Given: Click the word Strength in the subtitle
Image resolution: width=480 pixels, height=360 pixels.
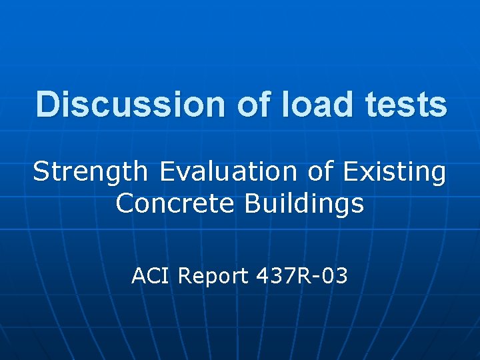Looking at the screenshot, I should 91,172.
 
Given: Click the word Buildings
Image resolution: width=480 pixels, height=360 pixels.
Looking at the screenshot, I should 304,203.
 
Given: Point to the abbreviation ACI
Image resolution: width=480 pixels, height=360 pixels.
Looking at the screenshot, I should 151,275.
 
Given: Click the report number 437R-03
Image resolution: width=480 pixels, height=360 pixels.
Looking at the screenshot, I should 302,275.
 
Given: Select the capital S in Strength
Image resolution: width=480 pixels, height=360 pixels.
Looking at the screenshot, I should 41,172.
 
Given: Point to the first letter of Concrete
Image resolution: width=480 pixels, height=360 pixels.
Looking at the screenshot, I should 125,203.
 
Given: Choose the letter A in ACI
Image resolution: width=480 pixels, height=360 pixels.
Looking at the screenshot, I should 139,275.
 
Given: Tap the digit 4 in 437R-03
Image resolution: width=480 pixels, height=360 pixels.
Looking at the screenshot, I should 262,275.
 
